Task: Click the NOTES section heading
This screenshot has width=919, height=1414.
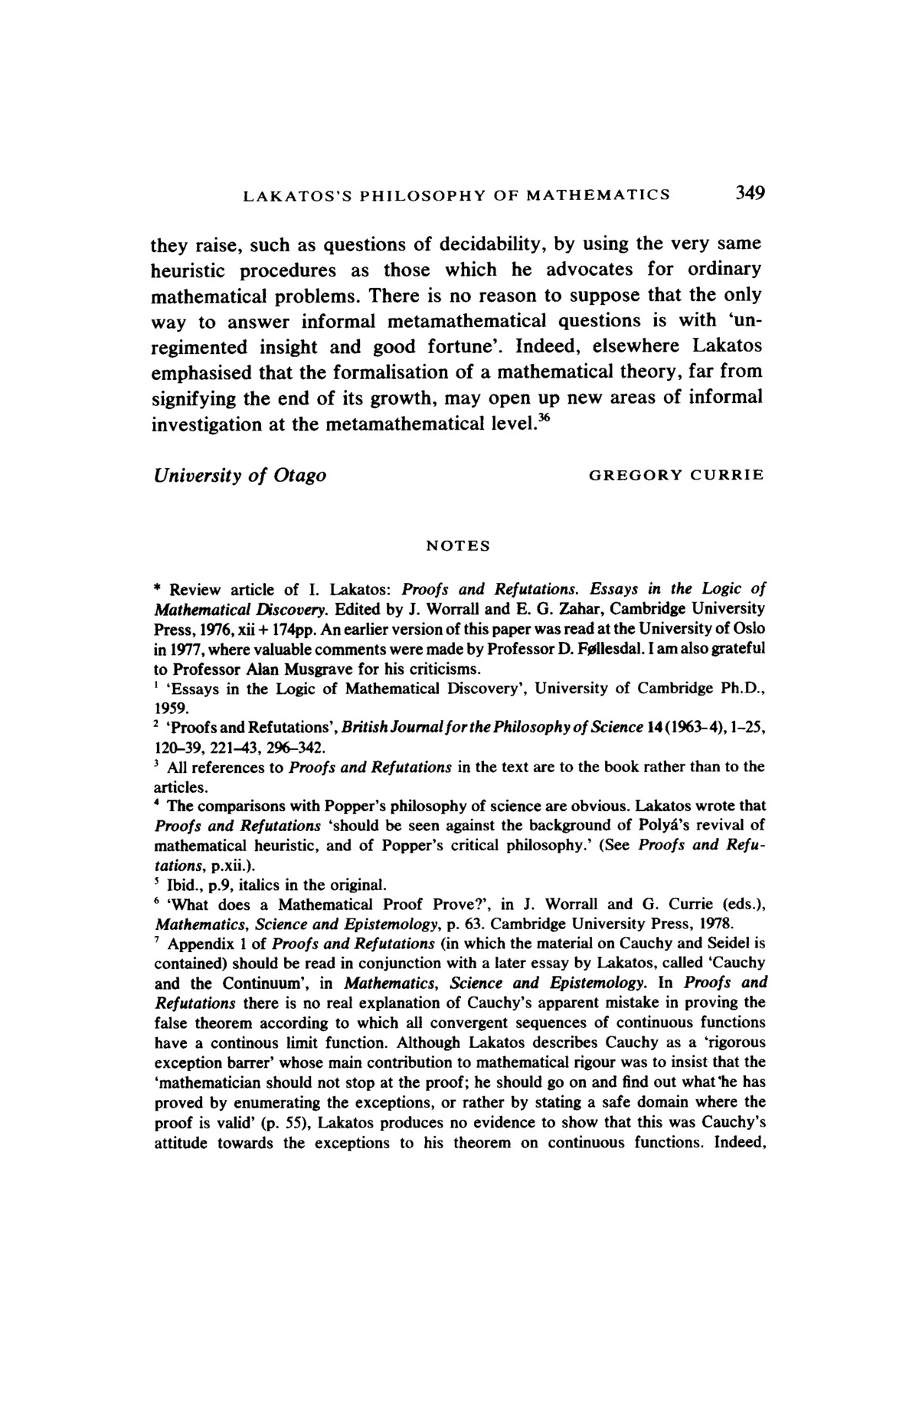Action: pos(458,546)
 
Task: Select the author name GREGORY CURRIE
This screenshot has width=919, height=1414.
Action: pos(676,475)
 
